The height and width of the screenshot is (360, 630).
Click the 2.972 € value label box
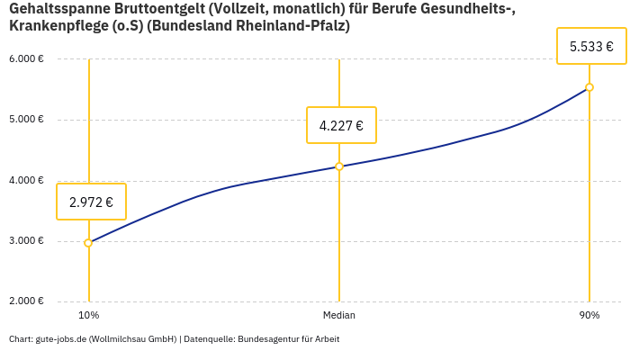click(x=91, y=202)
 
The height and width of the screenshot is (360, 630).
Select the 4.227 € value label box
click(x=341, y=125)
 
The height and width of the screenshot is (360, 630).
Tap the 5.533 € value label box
click(x=591, y=46)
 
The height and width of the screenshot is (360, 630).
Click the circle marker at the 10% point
click(x=88, y=243)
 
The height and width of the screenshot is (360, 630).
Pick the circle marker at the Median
click(x=339, y=166)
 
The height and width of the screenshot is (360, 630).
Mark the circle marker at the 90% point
click(x=589, y=87)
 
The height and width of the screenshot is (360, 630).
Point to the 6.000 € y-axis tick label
click(x=26, y=59)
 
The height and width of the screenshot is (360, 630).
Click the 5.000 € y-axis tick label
click(x=26, y=120)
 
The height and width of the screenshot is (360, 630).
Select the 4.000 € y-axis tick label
click(x=26, y=181)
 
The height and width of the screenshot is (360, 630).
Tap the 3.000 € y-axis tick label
click(x=26, y=241)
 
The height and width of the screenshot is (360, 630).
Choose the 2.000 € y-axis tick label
click(x=26, y=301)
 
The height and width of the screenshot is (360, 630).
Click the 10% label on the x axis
click(x=88, y=316)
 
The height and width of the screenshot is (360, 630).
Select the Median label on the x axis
click(x=339, y=316)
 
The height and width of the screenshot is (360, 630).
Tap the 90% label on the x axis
click(x=589, y=316)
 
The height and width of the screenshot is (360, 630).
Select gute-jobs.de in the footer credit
click(x=60, y=339)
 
